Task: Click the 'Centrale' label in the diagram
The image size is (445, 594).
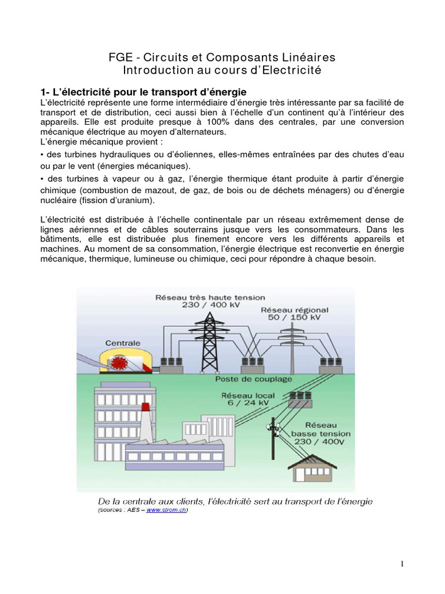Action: (123, 343)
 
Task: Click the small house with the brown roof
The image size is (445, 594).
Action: (316, 465)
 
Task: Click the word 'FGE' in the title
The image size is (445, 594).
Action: (120, 58)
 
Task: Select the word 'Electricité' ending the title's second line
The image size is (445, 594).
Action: (292, 71)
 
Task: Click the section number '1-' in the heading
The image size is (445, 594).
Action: (46, 92)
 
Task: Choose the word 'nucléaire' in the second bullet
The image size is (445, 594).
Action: (62, 201)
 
